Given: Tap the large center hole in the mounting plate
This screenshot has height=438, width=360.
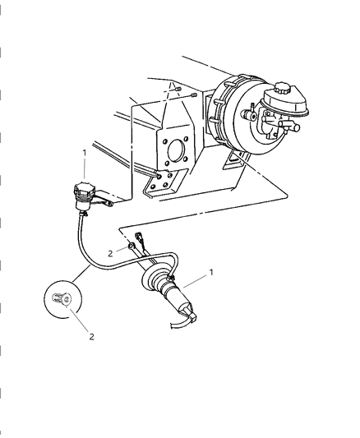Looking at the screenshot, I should point(174,152).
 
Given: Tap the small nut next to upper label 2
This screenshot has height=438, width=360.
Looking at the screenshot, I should point(132,247).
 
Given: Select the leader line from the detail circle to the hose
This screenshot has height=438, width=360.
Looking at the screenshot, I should point(81,276).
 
